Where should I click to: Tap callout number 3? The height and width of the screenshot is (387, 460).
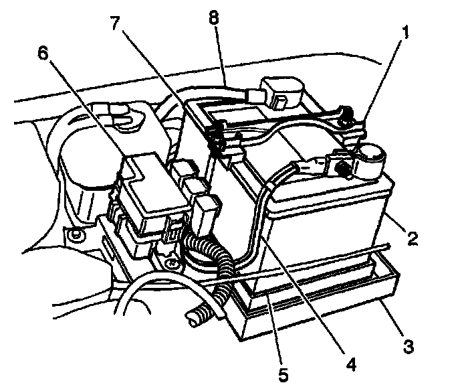click(407, 347)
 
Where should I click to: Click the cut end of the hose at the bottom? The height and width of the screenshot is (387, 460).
click(195, 322)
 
